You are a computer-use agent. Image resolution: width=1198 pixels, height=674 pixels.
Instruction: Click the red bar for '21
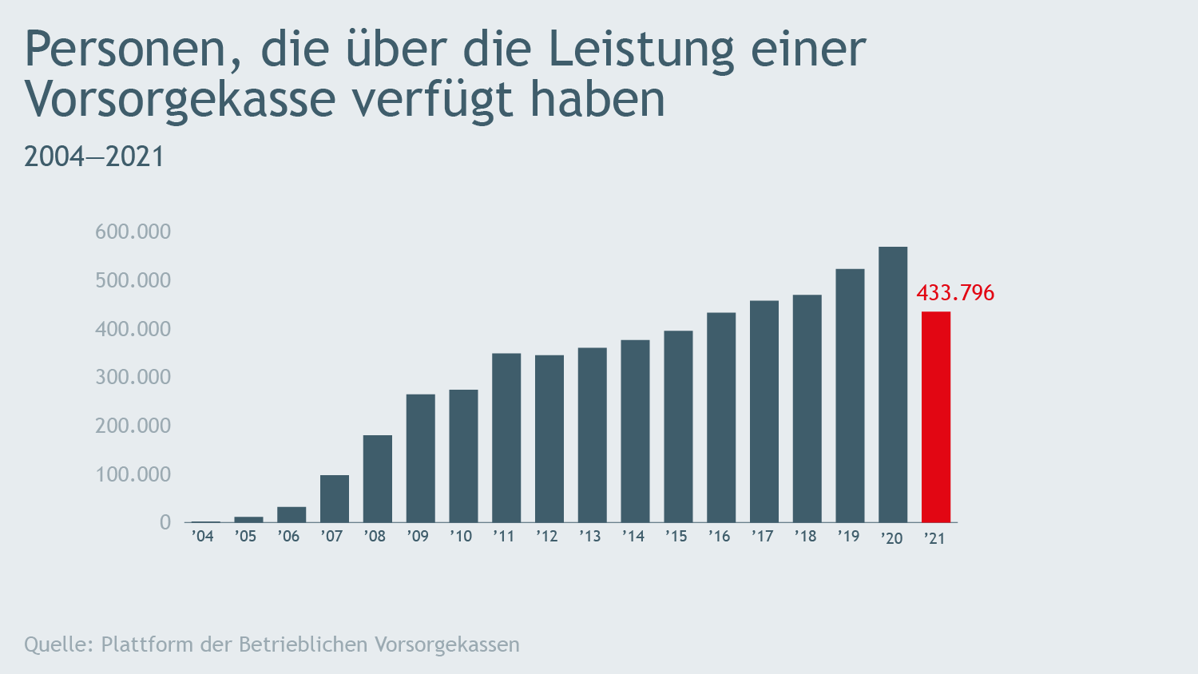pyautogui.click(x=935, y=417)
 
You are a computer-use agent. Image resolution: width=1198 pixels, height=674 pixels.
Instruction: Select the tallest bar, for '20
pyautogui.click(x=892, y=384)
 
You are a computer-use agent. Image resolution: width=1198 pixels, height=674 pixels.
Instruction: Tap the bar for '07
pyautogui.click(x=335, y=498)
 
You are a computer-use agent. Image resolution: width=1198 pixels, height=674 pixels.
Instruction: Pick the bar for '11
pyautogui.click(x=506, y=438)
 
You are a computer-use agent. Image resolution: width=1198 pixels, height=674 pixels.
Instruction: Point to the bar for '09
pyautogui.click(x=420, y=458)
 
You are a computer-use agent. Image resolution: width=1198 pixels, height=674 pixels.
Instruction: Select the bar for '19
pyautogui.click(x=850, y=395)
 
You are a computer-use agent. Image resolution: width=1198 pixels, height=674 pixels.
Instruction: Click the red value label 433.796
pyautogui.click(x=955, y=293)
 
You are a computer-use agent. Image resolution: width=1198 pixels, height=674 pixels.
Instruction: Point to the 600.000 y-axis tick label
pyautogui.click(x=133, y=232)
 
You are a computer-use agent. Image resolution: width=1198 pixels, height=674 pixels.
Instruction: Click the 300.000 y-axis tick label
pyautogui.click(x=133, y=378)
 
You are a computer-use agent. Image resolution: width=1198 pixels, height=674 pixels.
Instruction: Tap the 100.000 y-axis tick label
pyautogui.click(x=133, y=475)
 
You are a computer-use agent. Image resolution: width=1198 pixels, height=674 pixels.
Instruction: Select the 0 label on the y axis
pyautogui.click(x=165, y=523)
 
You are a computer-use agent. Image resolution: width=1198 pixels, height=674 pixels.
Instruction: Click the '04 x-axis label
pyautogui.click(x=203, y=537)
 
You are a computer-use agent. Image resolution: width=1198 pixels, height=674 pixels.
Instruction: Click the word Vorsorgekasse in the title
pyautogui.click(x=180, y=100)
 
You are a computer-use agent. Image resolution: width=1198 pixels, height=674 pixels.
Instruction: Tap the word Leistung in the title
pyautogui.click(x=641, y=50)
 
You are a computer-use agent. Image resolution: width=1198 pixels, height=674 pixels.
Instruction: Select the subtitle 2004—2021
pyautogui.click(x=94, y=157)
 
